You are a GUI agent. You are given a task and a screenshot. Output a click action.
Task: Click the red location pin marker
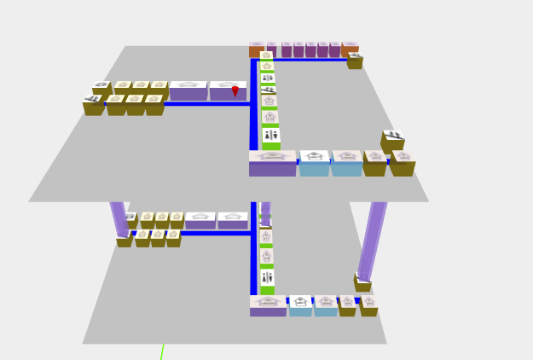tap(235, 90)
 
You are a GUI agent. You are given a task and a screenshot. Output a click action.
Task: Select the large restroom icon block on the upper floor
tap(271, 136)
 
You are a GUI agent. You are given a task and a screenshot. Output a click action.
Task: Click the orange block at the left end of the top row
tap(256, 49)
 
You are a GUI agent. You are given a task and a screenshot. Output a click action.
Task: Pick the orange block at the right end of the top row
tap(350, 49)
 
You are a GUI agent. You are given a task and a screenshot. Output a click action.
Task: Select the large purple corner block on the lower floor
tap(269, 305)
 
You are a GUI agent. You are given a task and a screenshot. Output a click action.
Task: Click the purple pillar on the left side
tap(119, 218)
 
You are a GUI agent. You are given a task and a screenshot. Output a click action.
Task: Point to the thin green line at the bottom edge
tap(161, 351)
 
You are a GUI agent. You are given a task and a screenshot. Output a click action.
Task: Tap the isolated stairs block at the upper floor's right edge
tap(392, 140)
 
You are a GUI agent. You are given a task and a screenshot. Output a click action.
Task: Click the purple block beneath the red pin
tap(228, 91)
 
